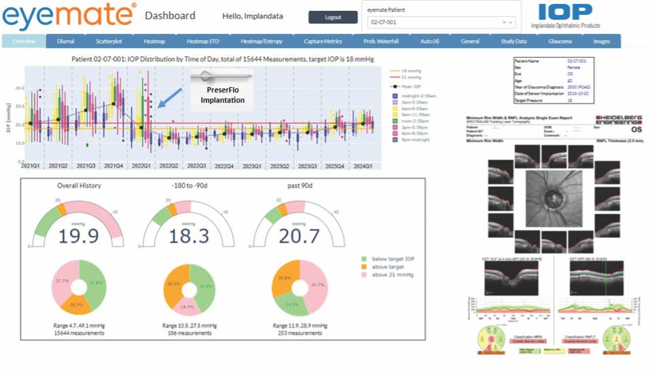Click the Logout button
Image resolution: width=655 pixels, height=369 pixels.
(x=332, y=17)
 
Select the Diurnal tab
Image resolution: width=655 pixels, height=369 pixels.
(x=66, y=41)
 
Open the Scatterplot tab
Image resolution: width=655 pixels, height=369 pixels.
(x=107, y=41)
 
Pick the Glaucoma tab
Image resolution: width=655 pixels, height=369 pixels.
(x=560, y=41)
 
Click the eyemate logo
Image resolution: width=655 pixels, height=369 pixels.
(x=68, y=15)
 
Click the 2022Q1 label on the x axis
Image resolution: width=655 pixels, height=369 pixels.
(x=141, y=165)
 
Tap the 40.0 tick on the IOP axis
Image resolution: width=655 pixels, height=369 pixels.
(x=19, y=88)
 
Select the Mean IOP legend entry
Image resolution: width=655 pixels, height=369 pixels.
(x=411, y=87)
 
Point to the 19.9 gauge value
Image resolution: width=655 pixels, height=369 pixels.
(x=79, y=236)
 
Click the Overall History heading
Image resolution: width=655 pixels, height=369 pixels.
(x=78, y=184)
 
